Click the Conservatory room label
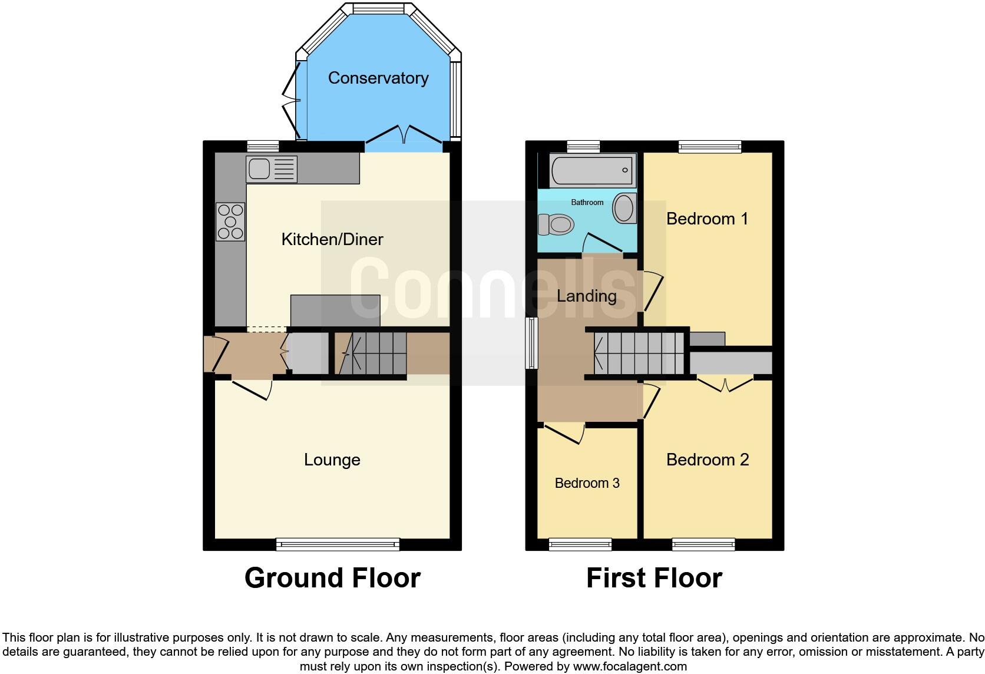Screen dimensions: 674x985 [378, 78]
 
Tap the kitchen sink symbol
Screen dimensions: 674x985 [272, 170]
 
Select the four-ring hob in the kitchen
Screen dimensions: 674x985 [230, 222]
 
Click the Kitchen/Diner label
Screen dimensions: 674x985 [332, 239]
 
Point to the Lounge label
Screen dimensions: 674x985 [332, 460]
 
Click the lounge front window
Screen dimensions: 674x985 [338, 544]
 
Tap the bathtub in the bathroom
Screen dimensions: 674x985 [592, 170]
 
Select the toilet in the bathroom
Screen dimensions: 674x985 [556, 224]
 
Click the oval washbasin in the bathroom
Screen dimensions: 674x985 [623, 208]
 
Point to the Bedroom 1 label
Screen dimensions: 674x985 [707, 219]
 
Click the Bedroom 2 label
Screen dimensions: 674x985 [707, 460]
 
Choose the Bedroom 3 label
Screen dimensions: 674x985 [587, 483]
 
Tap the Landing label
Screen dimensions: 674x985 [586, 296]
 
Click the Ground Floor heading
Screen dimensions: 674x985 [332, 578]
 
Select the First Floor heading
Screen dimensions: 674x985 [654, 578]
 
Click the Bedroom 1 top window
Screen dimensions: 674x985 [709, 147]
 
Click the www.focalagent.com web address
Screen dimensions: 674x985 [630, 667]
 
